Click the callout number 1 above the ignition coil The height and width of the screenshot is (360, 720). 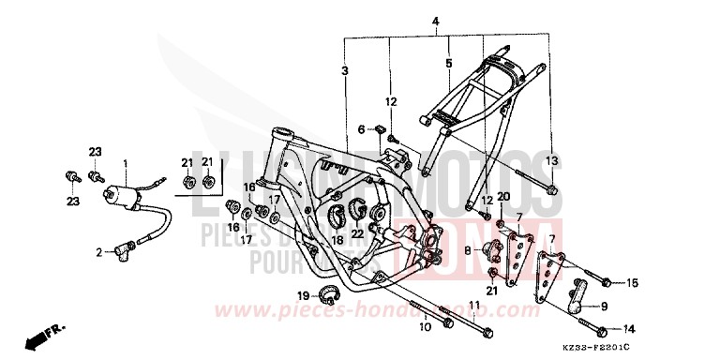pos(126,163)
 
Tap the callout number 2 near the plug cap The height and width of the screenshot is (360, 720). pos(97,251)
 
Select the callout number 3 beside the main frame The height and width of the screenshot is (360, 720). pos(346,71)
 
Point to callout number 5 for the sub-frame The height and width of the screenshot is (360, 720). pos(448,64)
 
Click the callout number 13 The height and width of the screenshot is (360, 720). pos(552,161)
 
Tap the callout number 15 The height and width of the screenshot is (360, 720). pos(633,282)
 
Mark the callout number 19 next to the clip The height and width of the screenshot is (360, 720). pos(303,296)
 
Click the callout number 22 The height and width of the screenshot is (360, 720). pos(356,234)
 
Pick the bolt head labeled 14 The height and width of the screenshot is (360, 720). pos(600,329)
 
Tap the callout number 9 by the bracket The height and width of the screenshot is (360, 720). pos(603,306)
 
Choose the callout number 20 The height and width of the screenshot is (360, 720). pos(502,196)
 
